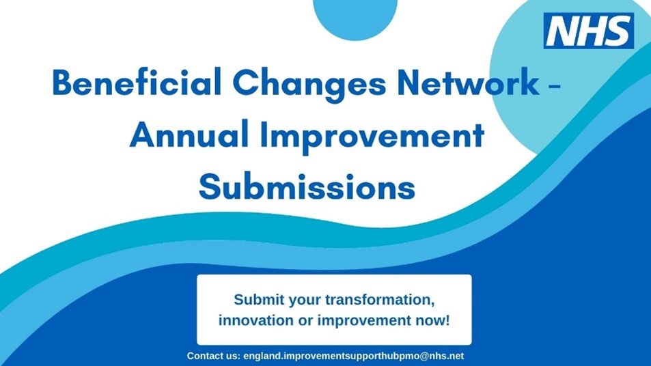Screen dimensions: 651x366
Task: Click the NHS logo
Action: [589, 31]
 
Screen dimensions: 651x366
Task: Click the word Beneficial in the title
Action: [137, 82]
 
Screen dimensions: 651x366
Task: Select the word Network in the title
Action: [468, 82]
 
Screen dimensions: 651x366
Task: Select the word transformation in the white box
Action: [380, 300]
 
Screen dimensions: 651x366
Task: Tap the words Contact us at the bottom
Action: [213, 356]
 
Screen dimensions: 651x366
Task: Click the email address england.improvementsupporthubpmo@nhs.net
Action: [354, 356]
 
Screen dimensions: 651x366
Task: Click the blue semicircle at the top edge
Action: [355, 18]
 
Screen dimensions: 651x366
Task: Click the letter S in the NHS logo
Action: [618, 31]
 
